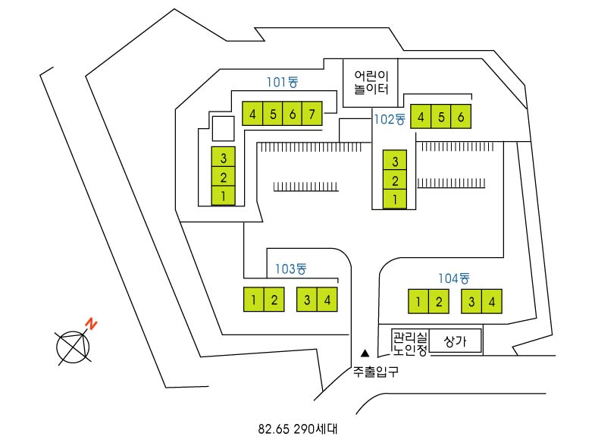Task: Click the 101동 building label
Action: (282, 82)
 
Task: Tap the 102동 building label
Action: (390, 118)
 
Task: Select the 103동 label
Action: (290, 269)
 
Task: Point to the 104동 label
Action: (454, 278)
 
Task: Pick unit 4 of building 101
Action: (252, 114)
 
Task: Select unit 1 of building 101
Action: (224, 196)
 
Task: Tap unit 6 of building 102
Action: (462, 117)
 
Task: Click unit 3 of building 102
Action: (395, 161)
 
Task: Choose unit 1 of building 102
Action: (395, 199)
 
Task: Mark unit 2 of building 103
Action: (274, 300)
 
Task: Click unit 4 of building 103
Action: (327, 300)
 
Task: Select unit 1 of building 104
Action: (418, 302)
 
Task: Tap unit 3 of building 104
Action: (471, 302)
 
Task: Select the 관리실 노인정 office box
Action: (410, 342)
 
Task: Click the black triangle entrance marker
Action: (365, 353)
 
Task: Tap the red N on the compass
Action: (92, 324)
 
